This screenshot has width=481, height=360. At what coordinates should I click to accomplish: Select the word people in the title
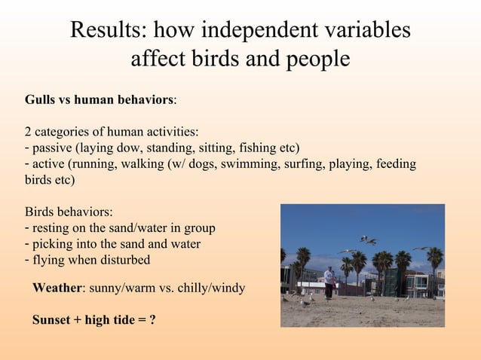point(315,58)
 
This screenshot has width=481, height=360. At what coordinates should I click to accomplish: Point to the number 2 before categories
point(28,132)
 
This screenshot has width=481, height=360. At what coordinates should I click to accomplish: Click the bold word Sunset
point(53,320)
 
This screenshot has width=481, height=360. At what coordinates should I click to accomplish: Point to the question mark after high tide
point(152,320)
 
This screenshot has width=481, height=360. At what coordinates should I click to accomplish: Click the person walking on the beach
point(329,282)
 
